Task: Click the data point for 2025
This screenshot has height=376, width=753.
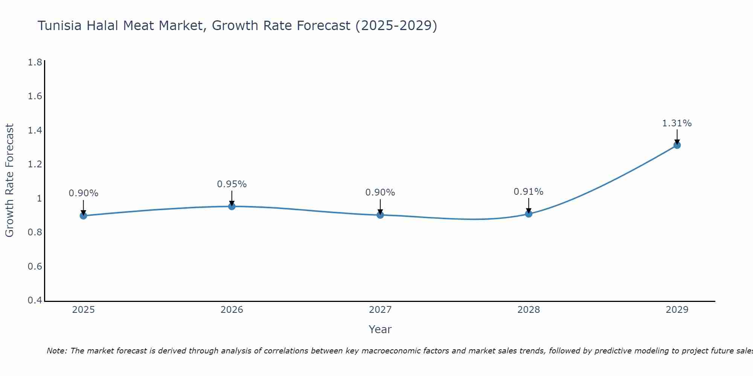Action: pyautogui.click(x=84, y=215)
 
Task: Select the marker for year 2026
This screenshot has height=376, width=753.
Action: pyautogui.click(x=232, y=206)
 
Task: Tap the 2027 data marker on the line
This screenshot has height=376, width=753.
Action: pyautogui.click(x=380, y=215)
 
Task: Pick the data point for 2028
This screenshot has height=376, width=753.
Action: pyautogui.click(x=529, y=214)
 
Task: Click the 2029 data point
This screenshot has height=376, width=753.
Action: pyautogui.click(x=677, y=145)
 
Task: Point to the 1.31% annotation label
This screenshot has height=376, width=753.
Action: pyautogui.click(x=677, y=123)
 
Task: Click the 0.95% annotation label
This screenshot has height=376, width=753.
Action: pyautogui.click(x=232, y=184)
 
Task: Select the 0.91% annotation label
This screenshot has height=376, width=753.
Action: pyautogui.click(x=529, y=192)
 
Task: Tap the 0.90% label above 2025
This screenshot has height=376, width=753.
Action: pyautogui.click(x=84, y=193)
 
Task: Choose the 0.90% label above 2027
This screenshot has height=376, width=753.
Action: pyautogui.click(x=380, y=193)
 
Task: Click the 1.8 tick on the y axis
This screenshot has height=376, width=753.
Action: pyautogui.click(x=35, y=62)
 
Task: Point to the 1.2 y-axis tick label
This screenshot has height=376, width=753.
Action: pyautogui.click(x=35, y=164)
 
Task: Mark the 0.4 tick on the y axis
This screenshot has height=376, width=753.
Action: pyautogui.click(x=35, y=300)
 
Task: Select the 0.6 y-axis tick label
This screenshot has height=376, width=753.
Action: pyautogui.click(x=35, y=267)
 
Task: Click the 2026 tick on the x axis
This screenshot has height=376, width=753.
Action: pyautogui.click(x=232, y=310)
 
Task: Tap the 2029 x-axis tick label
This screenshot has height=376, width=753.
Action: pyautogui.click(x=677, y=310)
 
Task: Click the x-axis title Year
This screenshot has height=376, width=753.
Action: pyautogui.click(x=380, y=329)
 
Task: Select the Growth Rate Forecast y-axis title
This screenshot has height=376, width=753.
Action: pyautogui.click(x=9, y=180)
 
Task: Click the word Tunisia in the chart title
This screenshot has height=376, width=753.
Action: pyautogui.click(x=59, y=26)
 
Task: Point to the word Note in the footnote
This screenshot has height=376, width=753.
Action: pyautogui.click(x=57, y=351)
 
